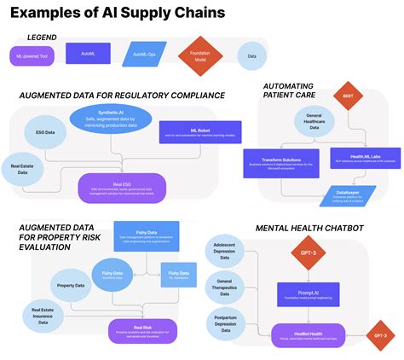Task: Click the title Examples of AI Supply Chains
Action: click(x=118, y=13)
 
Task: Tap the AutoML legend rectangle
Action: click(x=87, y=55)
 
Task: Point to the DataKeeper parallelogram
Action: click(x=346, y=195)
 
